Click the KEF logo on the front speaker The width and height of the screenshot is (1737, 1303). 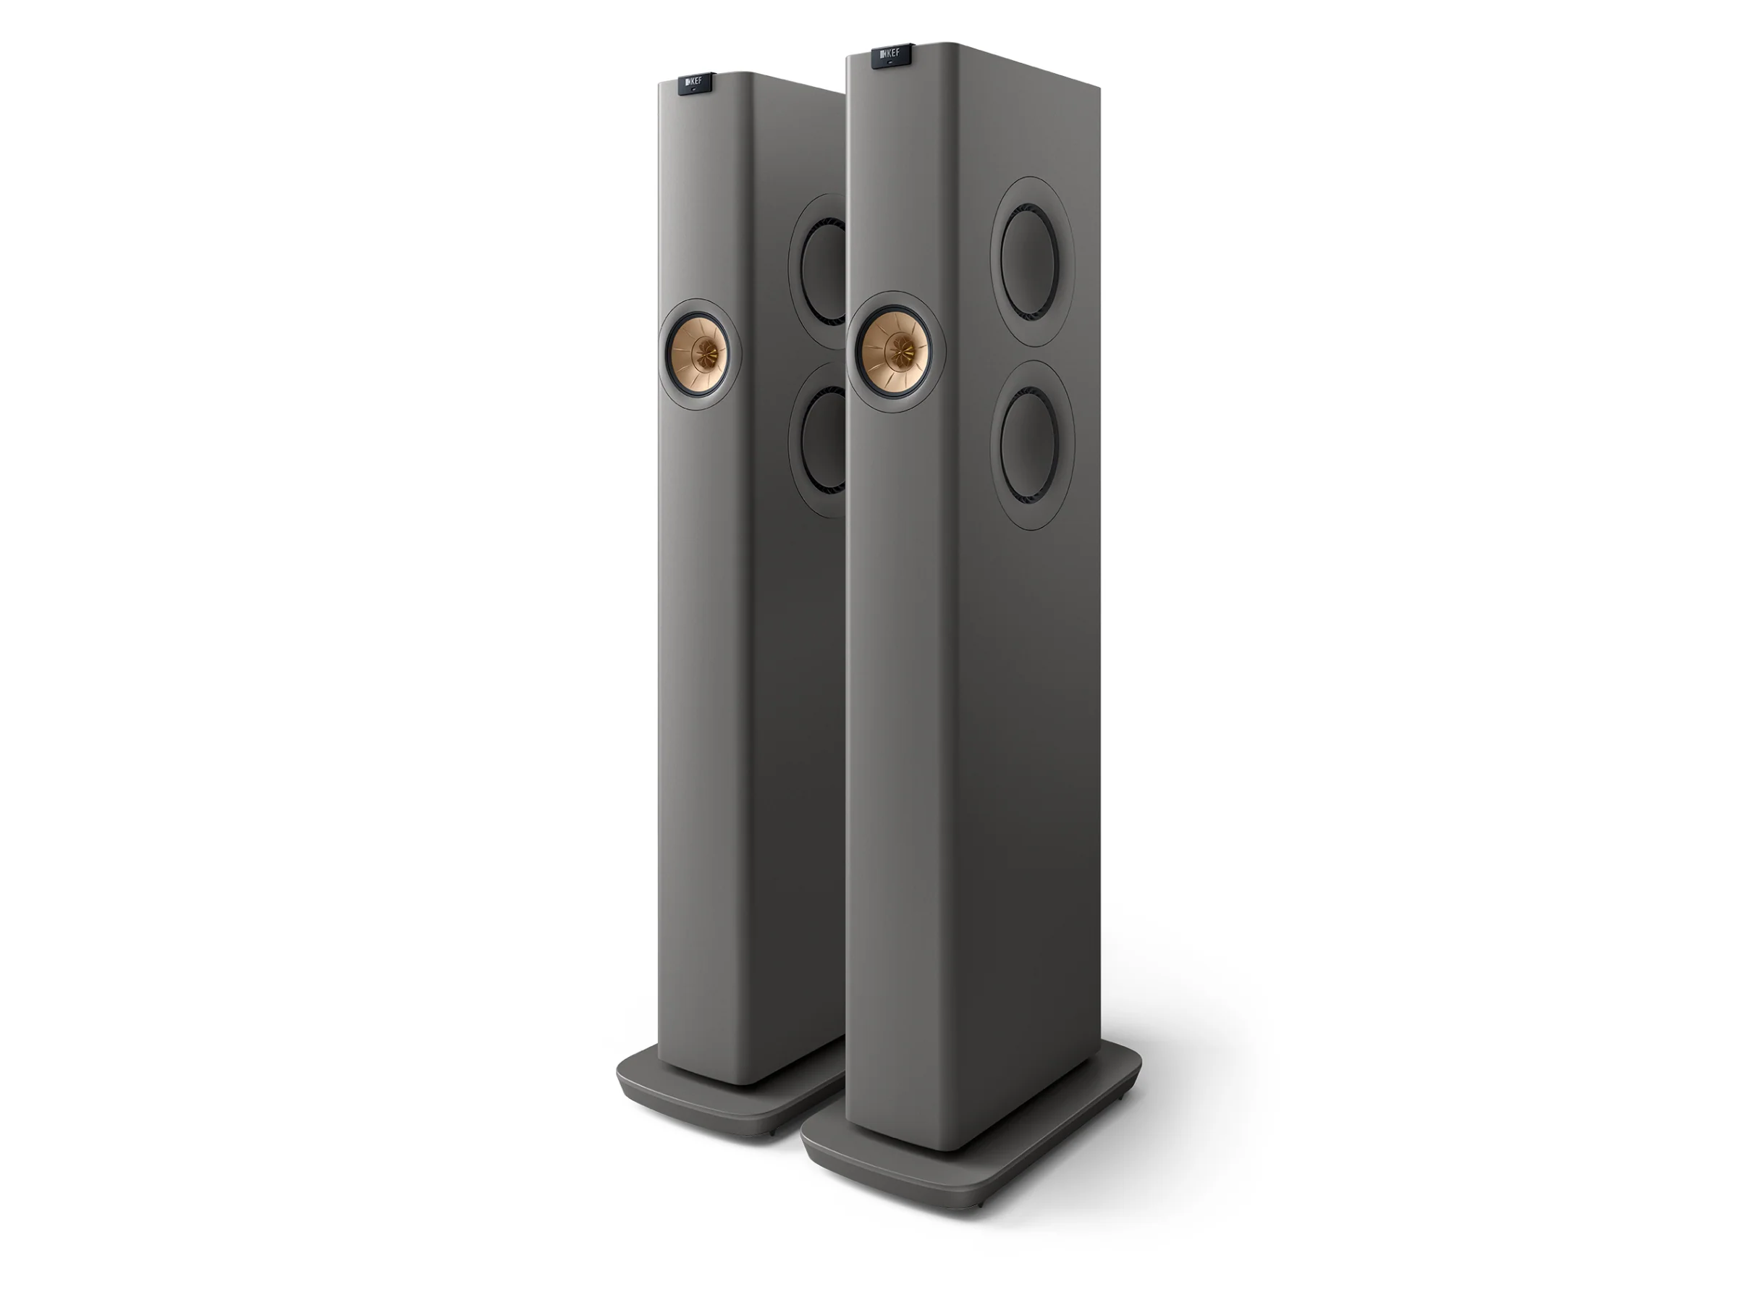point(890,54)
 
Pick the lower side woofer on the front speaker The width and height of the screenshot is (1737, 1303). point(1032,444)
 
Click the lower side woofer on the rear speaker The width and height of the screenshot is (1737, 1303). point(819,440)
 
